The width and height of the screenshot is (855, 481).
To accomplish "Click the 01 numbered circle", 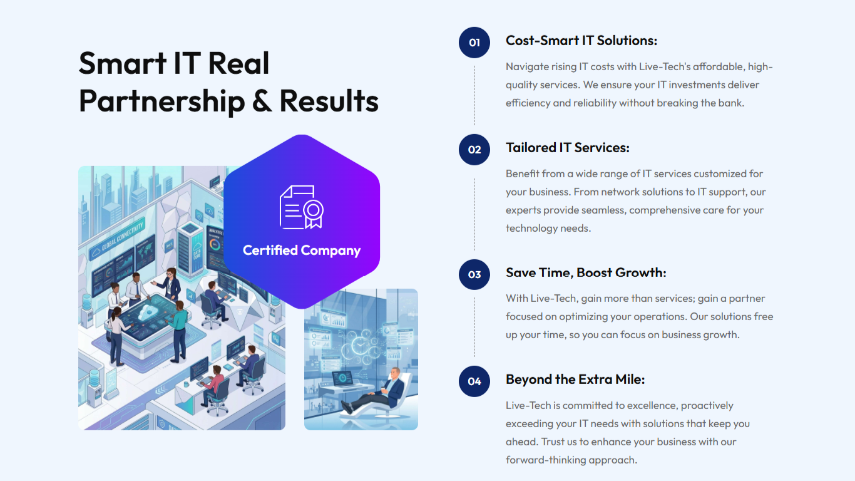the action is [474, 43].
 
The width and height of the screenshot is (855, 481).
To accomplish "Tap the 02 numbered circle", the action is [474, 150].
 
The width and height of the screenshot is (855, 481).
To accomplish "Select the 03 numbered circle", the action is [474, 274].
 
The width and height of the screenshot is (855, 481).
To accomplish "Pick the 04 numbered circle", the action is [474, 381].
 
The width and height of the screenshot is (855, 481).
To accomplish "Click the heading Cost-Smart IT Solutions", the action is [581, 41].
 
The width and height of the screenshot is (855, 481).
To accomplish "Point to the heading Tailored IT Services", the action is [568, 147].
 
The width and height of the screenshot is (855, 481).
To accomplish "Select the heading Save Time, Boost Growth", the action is [586, 272].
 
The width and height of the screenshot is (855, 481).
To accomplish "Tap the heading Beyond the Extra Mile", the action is [575, 380].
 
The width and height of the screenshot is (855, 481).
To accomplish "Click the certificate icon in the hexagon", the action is [302, 207].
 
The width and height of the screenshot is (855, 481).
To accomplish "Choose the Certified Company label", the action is [302, 251].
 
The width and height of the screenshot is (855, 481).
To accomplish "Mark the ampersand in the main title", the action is [262, 100].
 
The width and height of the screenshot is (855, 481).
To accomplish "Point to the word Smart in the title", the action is [123, 63].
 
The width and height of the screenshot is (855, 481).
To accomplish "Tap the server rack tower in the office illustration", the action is [190, 249].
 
